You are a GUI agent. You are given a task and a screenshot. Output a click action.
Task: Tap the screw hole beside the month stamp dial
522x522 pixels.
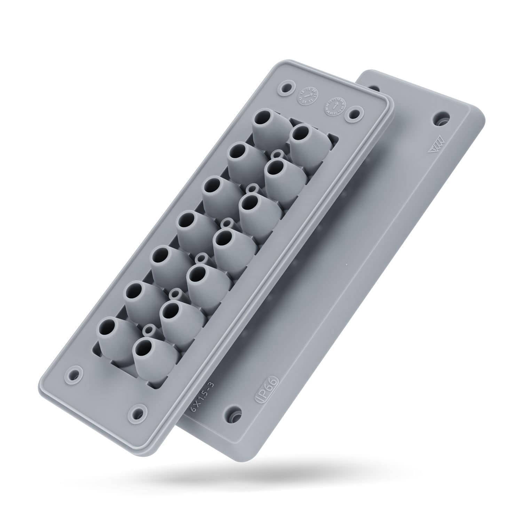[355, 114]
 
